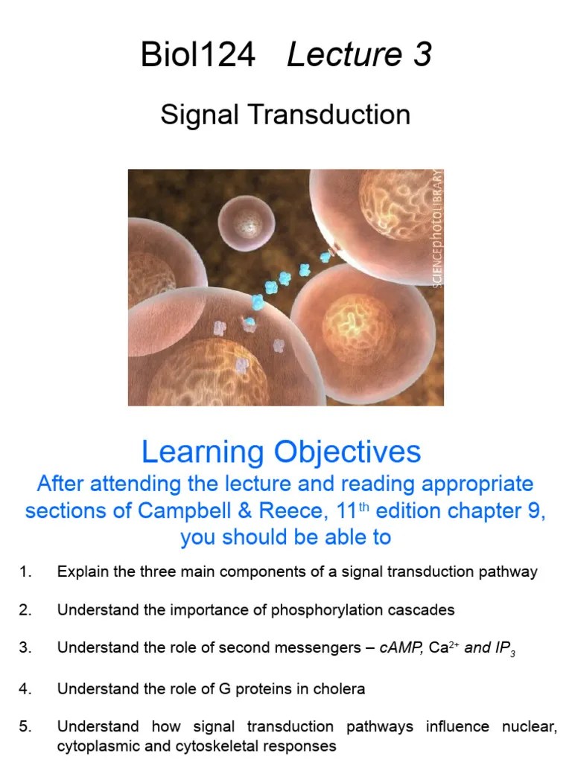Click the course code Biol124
tap(198, 55)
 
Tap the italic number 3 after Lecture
tap(422, 55)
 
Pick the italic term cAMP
tap(402, 647)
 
